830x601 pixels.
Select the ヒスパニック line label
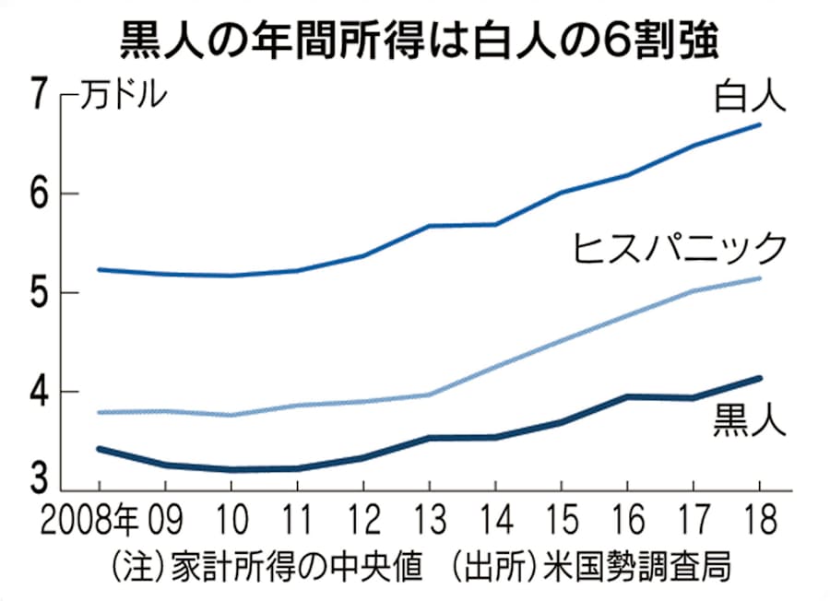click(x=680, y=248)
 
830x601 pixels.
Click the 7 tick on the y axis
click(x=38, y=95)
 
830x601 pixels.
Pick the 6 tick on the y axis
click(x=38, y=194)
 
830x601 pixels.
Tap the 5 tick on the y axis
click(x=38, y=293)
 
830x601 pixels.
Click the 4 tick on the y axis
click(x=38, y=393)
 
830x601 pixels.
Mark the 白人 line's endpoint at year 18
click(x=759, y=124)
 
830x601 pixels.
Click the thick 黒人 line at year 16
click(x=627, y=397)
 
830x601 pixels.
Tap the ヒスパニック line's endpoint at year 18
click(x=759, y=277)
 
